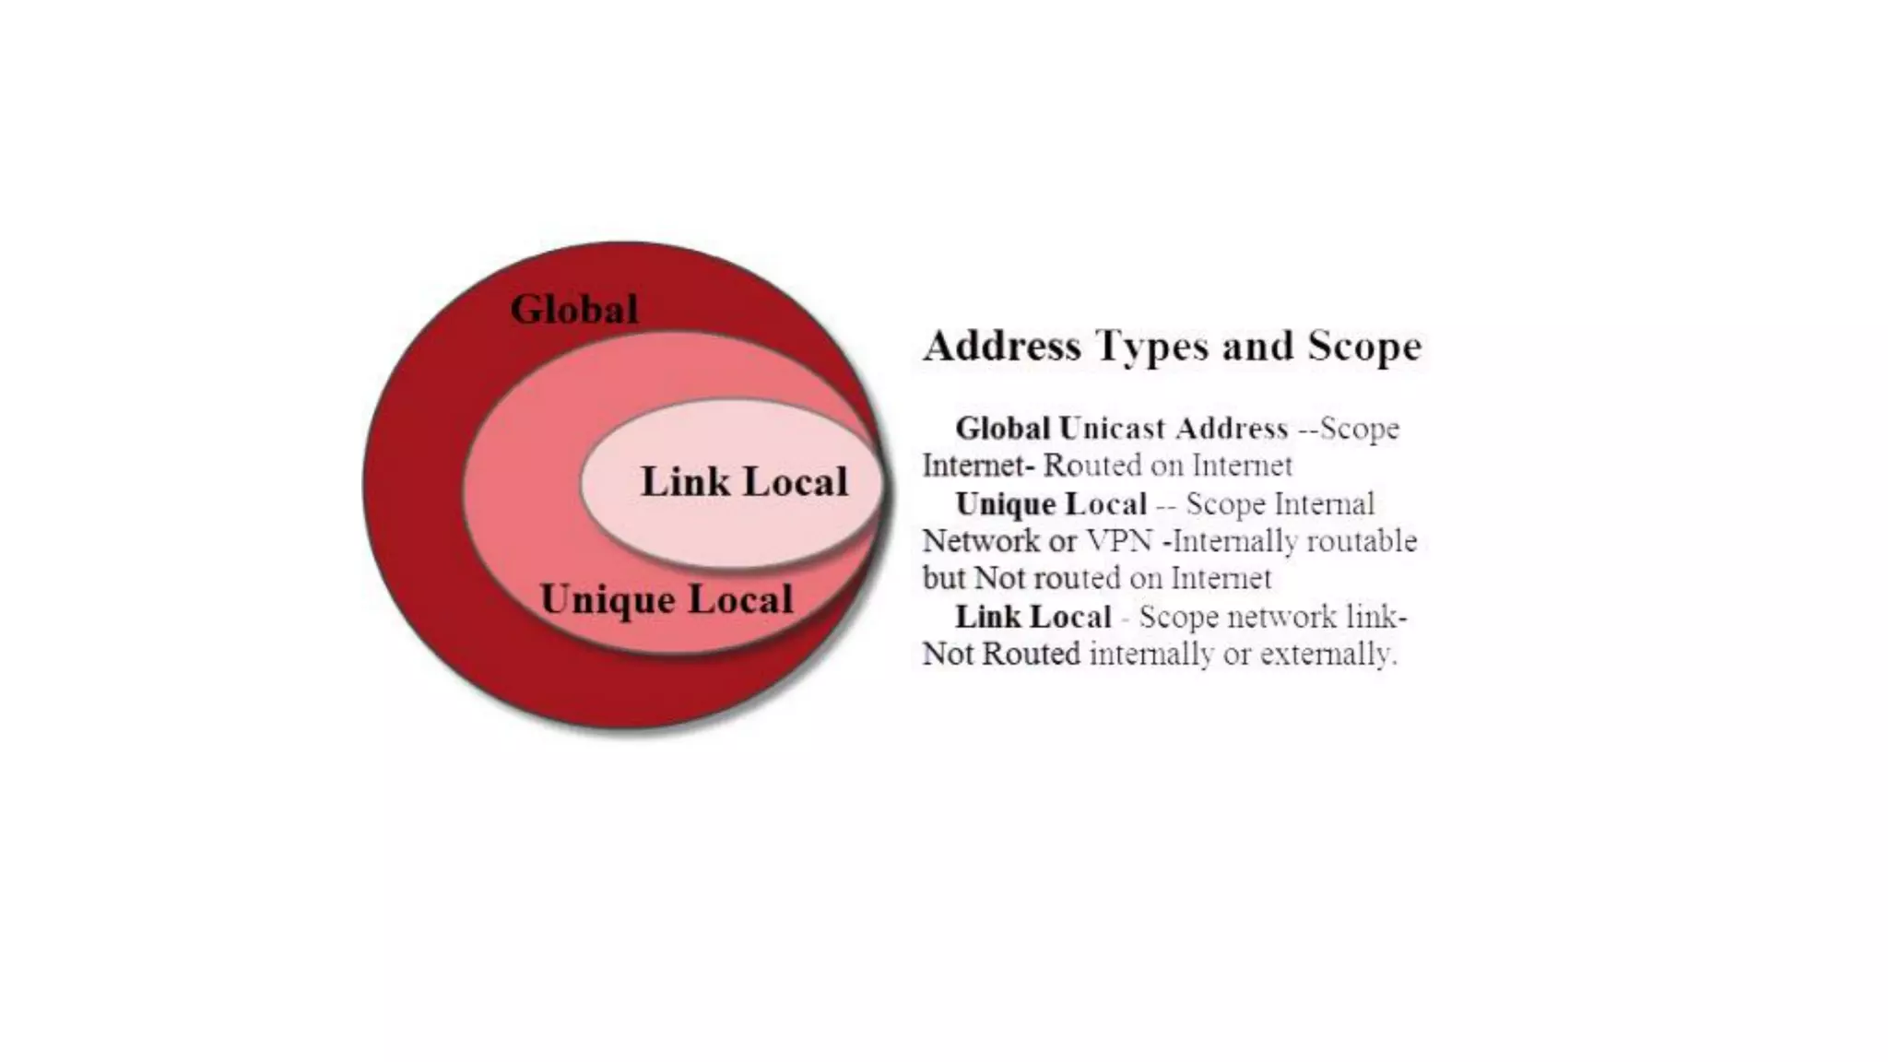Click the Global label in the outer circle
(x=573, y=310)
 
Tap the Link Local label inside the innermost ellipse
(x=744, y=482)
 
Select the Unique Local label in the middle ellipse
(x=666, y=600)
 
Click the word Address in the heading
(x=1002, y=347)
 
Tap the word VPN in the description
(x=1120, y=541)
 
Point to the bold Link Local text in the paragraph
(x=1032, y=617)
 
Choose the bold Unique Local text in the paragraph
(x=1051, y=504)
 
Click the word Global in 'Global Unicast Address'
(x=1002, y=429)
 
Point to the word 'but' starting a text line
(x=943, y=579)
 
